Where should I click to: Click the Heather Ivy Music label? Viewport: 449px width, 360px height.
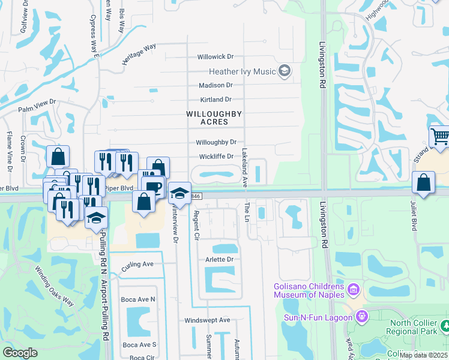[242, 71]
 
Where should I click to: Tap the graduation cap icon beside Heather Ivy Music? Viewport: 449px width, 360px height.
[285, 72]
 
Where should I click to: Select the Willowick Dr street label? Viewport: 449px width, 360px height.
[215, 56]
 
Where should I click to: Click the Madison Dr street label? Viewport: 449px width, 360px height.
[215, 85]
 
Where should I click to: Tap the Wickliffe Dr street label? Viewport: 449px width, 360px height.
[215, 157]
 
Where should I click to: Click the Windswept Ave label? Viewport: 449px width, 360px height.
[207, 320]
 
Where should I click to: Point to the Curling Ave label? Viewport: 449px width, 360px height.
[137, 264]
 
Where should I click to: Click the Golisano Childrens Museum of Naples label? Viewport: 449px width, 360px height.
[309, 290]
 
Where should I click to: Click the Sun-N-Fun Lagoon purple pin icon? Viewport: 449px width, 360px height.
[362, 315]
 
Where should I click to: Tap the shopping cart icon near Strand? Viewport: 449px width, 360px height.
[440, 137]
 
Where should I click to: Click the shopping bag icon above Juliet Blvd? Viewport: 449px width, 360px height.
[424, 182]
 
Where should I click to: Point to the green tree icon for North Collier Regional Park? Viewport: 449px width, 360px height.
[444, 325]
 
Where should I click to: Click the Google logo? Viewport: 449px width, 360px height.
[20, 352]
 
